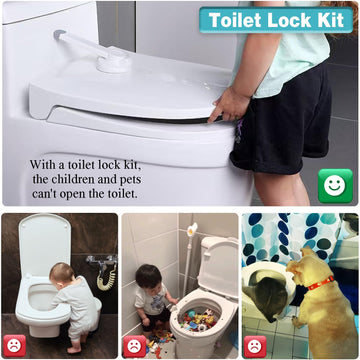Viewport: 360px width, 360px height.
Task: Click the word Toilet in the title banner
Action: [x=241, y=20]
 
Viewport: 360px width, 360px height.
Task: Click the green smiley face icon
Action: [x=332, y=184]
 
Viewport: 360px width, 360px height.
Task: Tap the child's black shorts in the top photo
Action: [x=280, y=120]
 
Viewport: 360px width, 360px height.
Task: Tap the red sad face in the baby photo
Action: [x=14, y=345]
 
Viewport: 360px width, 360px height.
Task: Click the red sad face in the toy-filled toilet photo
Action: [x=134, y=345]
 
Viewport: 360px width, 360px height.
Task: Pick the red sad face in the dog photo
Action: [x=254, y=345]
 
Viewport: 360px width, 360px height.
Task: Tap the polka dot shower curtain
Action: [x=290, y=235]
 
